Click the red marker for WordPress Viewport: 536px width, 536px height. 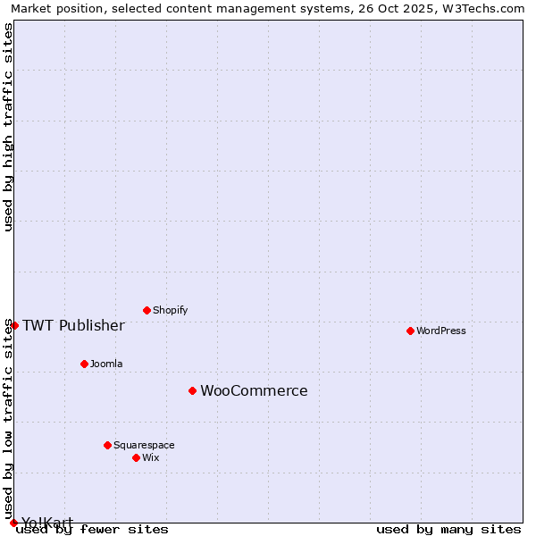point(410,331)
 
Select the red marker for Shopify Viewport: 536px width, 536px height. point(147,310)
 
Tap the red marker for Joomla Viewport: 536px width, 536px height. point(84,364)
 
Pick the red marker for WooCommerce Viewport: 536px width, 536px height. point(192,390)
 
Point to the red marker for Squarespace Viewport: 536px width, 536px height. point(107,445)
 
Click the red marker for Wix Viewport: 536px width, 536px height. point(136,457)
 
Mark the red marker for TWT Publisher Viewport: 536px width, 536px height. point(14,325)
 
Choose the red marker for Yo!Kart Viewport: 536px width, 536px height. point(13,523)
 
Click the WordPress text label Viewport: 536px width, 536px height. point(441,331)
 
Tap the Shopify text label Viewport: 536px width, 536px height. point(170,310)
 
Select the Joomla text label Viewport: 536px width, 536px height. point(106,364)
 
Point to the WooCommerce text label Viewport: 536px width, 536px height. point(254,390)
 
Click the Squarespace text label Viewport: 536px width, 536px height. point(144,445)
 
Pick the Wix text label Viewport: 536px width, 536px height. point(150,457)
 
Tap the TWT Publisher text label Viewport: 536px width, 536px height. point(73,325)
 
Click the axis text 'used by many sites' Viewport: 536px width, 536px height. point(448,529)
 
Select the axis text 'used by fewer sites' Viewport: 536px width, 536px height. point(92,529)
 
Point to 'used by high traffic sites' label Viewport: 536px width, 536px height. point(9,127)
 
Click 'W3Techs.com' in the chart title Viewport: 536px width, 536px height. point(487,8)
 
